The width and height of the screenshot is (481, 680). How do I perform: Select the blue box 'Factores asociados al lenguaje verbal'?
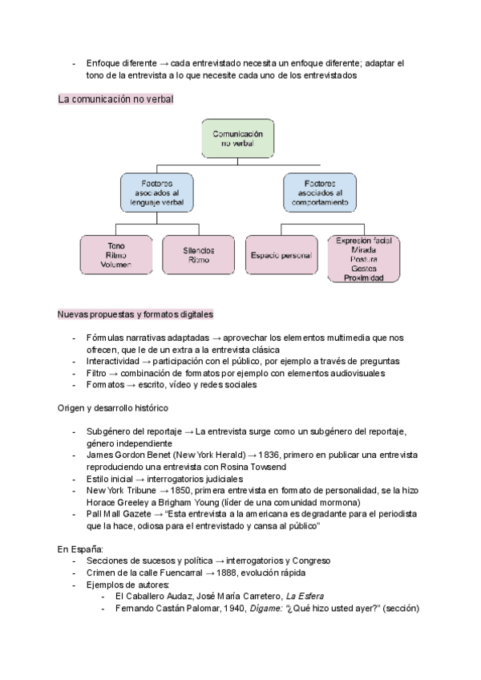(157, 193)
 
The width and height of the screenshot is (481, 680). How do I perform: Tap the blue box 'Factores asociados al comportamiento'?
(317, 193)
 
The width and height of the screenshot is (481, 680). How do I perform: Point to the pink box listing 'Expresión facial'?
(363, 258)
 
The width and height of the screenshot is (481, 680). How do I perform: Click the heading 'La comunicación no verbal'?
(115, 99)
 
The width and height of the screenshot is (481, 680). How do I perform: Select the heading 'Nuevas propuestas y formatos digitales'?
(135, 314)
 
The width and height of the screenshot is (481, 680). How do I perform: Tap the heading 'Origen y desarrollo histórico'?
(115, 407)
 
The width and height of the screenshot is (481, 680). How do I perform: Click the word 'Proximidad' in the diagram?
(363, 278)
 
